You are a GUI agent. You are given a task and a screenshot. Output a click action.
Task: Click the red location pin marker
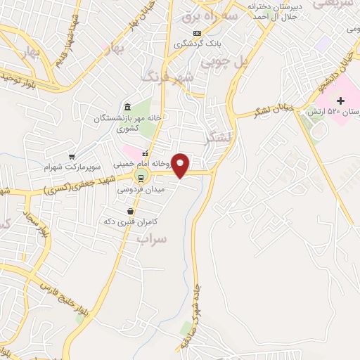click(x=181, y=164)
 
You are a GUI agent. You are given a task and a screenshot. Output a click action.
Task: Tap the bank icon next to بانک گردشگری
click(x=197, y=33)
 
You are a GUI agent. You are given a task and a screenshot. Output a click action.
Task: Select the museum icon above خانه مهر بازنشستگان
click(x=127, y=107)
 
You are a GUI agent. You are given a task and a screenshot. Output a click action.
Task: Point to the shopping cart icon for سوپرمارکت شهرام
click(x=72, y=156)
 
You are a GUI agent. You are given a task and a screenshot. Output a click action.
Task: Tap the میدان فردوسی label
click(x=131, y=190)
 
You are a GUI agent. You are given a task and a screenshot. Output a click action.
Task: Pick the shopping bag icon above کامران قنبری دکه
click(x=131, y=211)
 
